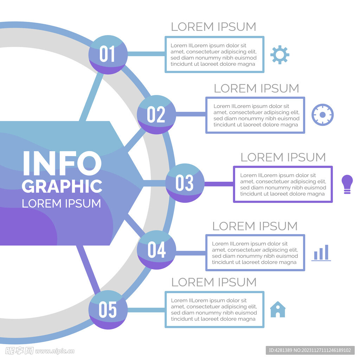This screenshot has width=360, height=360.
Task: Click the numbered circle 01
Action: [108, 54]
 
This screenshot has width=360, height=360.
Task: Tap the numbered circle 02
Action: [156, 115]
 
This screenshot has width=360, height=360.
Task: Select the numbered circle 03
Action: [185, 183]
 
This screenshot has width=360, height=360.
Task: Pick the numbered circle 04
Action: [156, 250]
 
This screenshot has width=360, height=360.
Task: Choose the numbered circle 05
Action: [108, 310]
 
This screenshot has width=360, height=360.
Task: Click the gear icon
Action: [280, 54]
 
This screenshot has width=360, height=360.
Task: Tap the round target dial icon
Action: [322, 115]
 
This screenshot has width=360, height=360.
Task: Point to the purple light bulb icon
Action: [347, 184]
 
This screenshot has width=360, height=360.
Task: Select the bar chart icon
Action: [321, 253]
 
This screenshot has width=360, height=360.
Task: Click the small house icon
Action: [278, 310]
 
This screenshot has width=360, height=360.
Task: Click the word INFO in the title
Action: [62, 163]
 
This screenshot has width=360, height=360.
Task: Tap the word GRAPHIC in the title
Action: [62, 186]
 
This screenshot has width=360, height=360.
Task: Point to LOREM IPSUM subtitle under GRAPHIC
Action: [61, 204]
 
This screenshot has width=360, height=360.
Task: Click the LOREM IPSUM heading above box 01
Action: [213, 27]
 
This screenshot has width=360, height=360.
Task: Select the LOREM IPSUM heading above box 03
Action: [283, 157]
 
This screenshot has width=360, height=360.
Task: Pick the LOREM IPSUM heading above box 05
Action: [214, 282]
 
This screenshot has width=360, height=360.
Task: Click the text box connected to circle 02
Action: [255, 115]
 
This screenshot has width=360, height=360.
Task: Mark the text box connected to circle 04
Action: [255, 253]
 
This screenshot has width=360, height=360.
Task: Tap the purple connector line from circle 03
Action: [219, 184]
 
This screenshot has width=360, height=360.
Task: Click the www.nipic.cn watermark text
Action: [55, 351]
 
